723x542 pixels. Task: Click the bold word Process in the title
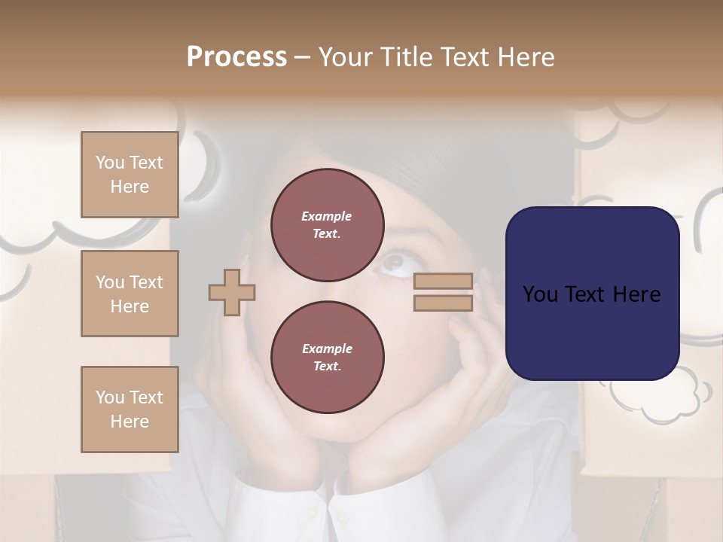click(x=236, y=57)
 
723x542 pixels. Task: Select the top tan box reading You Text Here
click(x=130, y=175)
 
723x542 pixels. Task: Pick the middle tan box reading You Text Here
click(x=130, y=294)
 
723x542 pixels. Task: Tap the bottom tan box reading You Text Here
click(x=130, y=410)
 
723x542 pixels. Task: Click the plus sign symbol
click(x=232, y=292)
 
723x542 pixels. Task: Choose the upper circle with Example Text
click(x=327, y=224)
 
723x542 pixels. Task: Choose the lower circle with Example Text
click(x=327, y=357)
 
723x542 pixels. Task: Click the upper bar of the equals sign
click(x=444, y=281)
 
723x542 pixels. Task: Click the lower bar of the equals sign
click(x=444, y=303)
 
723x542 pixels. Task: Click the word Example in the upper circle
click(x=326, y=216)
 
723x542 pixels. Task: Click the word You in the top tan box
click(x=109, y=163)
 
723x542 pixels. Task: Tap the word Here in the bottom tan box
click(x=130, y=422)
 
